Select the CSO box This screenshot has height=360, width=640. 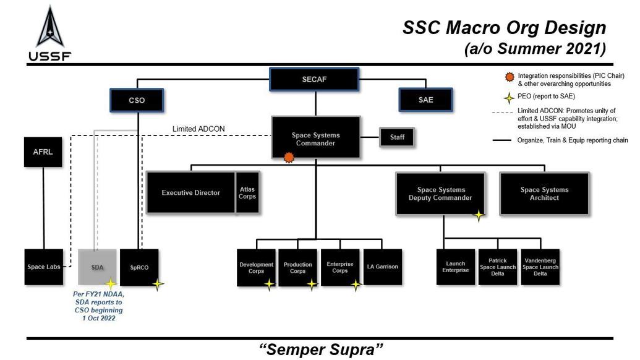click(x=137, y=100)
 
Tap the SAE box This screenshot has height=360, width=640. click(x=425, y=100)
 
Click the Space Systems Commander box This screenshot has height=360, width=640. click(x=315, y=139)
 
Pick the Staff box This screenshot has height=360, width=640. click(x=397, y=137)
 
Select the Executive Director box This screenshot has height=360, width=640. click(x=190, y=193)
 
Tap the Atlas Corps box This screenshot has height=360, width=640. click(x=247, y=193)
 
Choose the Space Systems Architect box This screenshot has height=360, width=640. click(x=544, y=194)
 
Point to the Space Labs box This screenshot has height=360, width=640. click(x=44, y=267)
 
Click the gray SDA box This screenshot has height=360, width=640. click(x=97, y=267)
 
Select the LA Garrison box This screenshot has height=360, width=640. click(x=382, y=267)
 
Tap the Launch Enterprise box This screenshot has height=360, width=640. click(x=456, y=267)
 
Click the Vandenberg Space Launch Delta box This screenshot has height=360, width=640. click(x=540, y=267)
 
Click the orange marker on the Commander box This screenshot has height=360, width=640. click(x=288, y=158)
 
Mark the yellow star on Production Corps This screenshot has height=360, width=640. click(x=312, y=284)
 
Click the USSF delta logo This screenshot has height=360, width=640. click(x=49, y=28)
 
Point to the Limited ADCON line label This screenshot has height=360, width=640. click(x=198, y=129)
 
